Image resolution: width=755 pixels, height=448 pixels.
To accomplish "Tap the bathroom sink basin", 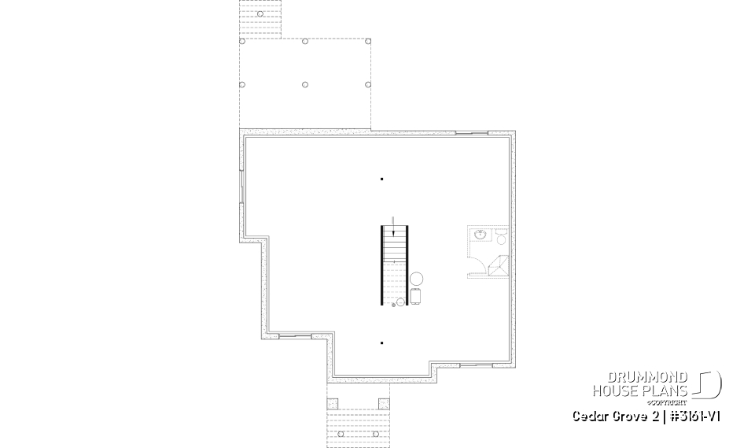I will pos(480,234).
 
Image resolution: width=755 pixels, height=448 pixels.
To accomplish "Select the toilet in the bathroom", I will pos(500,235).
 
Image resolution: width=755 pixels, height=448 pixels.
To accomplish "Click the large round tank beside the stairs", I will pos(417,279).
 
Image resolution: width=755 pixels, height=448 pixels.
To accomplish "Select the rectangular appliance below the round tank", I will pos(415,296).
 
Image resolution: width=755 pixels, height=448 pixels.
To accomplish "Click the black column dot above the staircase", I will pos(381,179).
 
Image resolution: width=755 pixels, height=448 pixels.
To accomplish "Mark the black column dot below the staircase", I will pos(381,342).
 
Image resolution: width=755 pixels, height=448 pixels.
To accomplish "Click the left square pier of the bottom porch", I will pos(331,404).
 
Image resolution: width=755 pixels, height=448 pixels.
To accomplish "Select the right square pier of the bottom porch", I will pos(383,404).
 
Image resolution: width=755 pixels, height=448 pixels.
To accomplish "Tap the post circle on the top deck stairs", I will pos(260,13).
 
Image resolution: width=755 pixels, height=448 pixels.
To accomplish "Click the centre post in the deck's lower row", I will pos(305,84).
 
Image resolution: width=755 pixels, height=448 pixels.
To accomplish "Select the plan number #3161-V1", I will pos(694,415).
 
